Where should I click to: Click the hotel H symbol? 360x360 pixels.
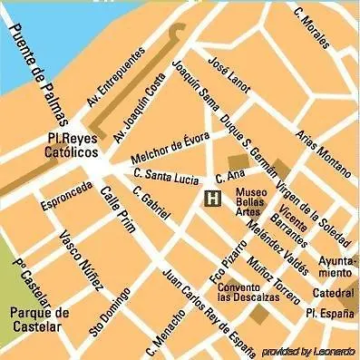click(x=212, y=199)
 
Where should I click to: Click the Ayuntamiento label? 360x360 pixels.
click(x=336, y=266)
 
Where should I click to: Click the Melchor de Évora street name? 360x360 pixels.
click(x=164, y=147)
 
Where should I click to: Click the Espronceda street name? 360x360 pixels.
click(x=66, y=196)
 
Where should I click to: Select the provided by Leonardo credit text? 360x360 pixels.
click(x=309, y=351)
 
